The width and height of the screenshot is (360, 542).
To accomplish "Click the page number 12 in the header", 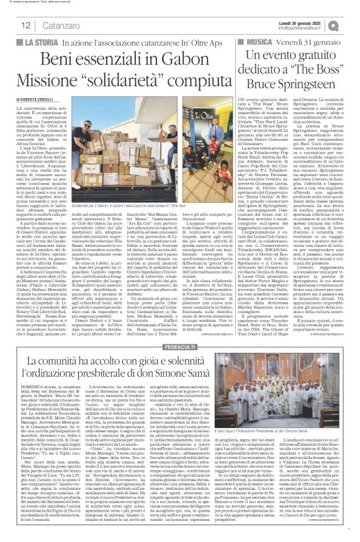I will pos(26,25).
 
